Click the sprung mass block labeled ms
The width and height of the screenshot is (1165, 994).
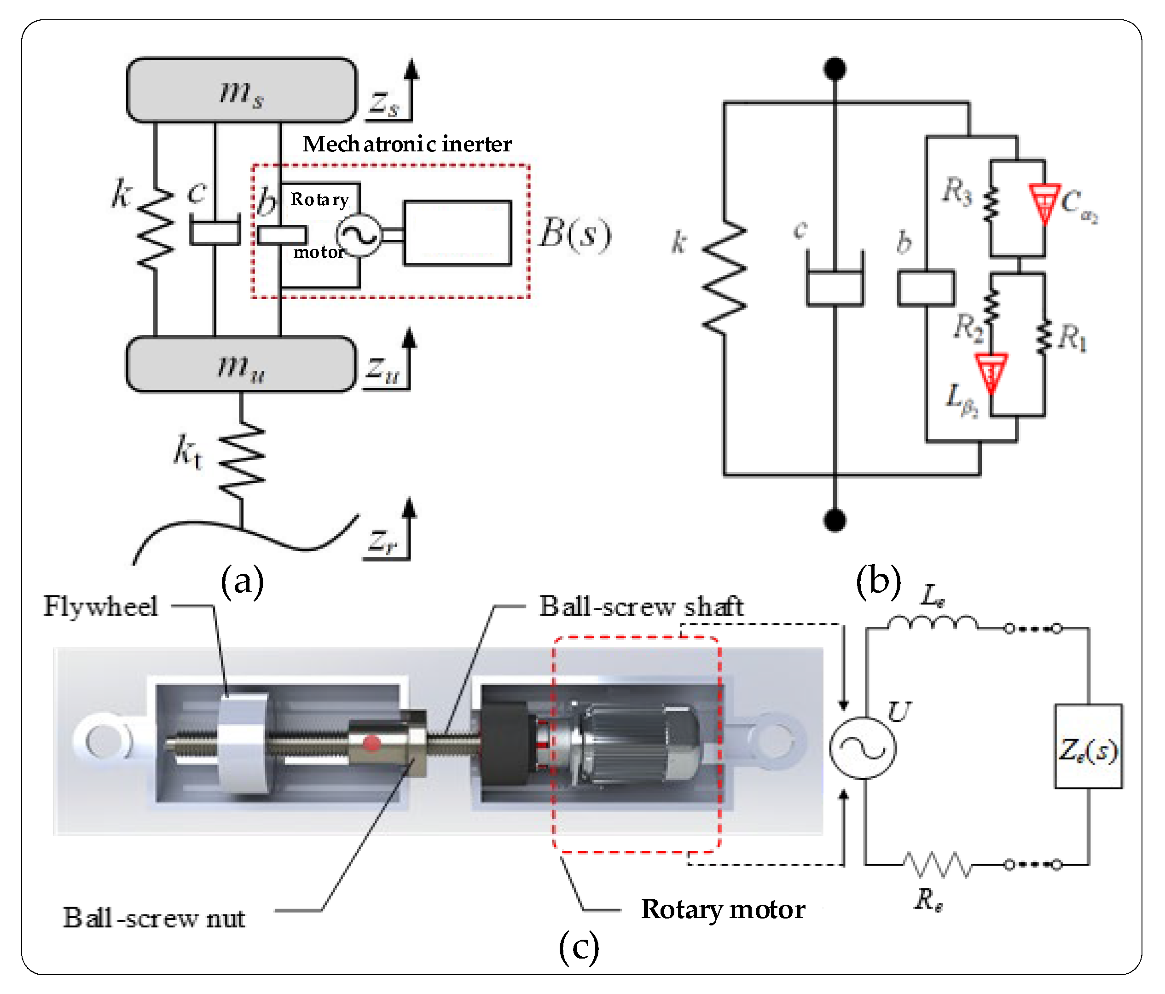(x=242, y=90)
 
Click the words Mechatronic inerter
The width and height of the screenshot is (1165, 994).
(x=407, y=144)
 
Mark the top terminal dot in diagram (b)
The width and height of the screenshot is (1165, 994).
(x=835, y=69)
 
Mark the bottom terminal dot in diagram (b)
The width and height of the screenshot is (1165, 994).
(x=835, y=520)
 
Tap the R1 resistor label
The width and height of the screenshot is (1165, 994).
(x=1072, y=338)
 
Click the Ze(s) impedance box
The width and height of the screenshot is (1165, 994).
(x=1088, y=746)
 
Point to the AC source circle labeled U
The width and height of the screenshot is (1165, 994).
(x=863, y=748)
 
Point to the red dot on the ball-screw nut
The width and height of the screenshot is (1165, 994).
(x=371, y=743)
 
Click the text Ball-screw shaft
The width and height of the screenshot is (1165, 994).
(x=641, y=607)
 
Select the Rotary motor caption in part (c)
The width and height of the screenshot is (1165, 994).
(x=723, y=909)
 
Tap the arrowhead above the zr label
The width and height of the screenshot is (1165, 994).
(x=410, y=507)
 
